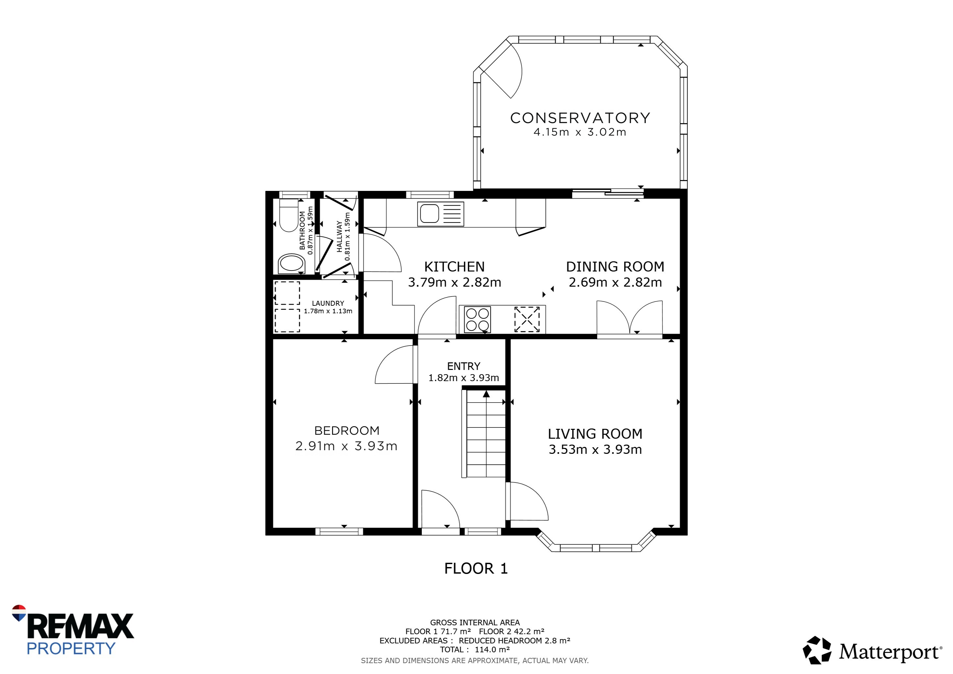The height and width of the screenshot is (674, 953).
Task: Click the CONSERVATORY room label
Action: [580, 118]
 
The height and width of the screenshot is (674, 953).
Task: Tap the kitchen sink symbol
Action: [440, 214]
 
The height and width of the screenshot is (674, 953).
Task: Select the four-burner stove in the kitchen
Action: [477, 319]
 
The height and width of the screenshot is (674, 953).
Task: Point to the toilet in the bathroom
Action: [289, 215]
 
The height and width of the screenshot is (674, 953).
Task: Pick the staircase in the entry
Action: [484, 433]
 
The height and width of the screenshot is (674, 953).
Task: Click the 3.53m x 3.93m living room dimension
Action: [595, 450]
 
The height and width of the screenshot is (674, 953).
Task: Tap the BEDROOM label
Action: [347, 430]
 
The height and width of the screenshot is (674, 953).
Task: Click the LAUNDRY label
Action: [328, 303]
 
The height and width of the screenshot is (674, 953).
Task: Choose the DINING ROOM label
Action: [615, 267]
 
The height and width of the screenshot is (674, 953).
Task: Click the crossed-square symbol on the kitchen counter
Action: [527, 319]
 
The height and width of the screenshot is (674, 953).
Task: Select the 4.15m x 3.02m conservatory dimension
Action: [580, 132]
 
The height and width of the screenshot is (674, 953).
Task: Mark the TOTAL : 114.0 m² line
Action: [475, 650]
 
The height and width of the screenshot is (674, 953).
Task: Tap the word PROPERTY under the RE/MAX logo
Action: [71, 648]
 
